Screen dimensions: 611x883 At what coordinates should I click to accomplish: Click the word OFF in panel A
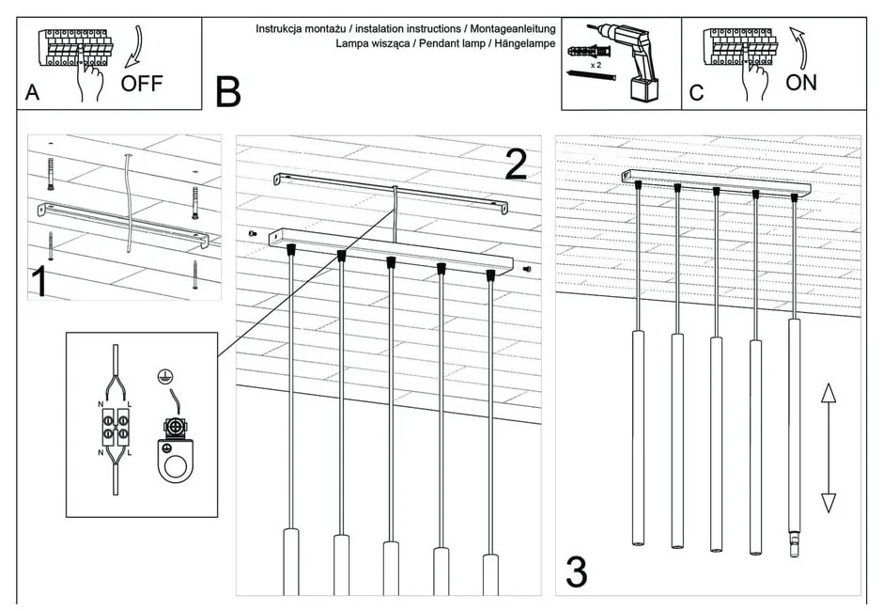[142, 83]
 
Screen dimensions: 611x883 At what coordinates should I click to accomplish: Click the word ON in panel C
[801, 82]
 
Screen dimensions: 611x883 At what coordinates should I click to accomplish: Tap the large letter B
[227, 92]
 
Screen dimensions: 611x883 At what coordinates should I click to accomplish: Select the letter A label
[33, 93]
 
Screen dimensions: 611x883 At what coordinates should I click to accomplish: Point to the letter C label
[696, 93]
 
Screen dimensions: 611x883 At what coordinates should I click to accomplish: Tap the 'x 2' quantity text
[596, 65]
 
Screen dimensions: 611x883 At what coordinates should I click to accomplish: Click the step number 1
[39, 282]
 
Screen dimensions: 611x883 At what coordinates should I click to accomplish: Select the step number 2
[516, 164]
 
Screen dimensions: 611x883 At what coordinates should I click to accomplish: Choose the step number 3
[576, 571]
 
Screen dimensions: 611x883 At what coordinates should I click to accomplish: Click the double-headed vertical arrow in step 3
[828, 447]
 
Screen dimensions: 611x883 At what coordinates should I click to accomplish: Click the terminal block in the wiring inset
[116, 428]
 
